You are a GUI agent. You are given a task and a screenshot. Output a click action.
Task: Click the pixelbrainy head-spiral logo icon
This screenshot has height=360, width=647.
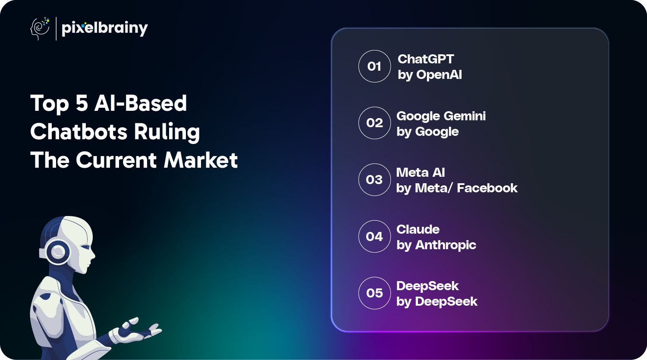pos(40,28)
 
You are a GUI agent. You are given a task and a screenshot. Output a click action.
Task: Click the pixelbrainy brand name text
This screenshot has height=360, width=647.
pos(105,28)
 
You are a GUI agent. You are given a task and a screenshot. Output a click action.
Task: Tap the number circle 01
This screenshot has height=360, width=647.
pos(375,66)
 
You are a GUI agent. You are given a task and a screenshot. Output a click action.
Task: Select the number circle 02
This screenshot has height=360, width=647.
pos(375,123)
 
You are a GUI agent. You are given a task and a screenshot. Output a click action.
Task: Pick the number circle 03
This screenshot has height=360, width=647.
pos(375,179)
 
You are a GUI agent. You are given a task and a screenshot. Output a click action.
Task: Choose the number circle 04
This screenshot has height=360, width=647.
pos(375,236)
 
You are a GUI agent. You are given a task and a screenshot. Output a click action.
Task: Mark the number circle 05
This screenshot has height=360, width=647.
pos(375,293)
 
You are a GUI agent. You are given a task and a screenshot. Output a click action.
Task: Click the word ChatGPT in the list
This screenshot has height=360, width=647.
pos(426,59)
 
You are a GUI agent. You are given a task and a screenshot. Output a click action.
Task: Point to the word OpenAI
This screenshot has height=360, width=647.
pos(439,75)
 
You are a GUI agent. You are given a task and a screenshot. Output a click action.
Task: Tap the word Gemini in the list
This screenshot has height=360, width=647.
pos(465,116)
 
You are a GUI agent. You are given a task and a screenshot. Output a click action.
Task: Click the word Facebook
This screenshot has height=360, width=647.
pos(487,188)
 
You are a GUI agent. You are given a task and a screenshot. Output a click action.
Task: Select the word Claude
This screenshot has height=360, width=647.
pos(418,229)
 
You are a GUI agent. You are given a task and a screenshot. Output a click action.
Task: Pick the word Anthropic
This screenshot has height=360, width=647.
pos(446,245)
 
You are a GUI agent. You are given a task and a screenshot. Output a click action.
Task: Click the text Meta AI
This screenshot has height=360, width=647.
pos(421,172)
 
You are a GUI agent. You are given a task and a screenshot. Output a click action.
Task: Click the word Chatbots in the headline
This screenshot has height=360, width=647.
pos(79,131)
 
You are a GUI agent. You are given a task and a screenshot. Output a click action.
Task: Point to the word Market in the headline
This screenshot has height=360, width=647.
pos(201,160)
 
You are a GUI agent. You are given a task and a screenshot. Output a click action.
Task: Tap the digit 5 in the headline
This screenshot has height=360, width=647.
pos(82,103)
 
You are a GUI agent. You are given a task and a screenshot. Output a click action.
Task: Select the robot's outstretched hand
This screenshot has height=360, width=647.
pos(136,331)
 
